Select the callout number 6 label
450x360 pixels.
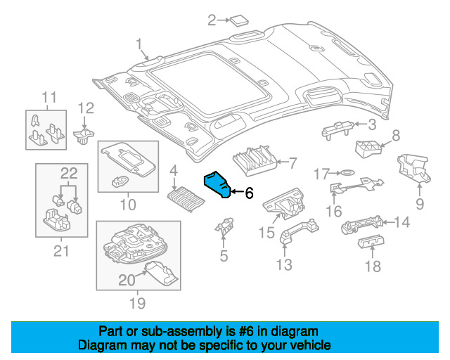[248, 193]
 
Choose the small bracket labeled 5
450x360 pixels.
[224, 227]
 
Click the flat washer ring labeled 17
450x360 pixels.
[347, 173]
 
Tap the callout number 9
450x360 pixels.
[420, 204]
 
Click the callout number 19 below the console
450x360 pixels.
[136, 303]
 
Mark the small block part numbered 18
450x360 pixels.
[369, 243]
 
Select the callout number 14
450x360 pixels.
[401, 223]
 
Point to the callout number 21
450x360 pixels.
[61, 250]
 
